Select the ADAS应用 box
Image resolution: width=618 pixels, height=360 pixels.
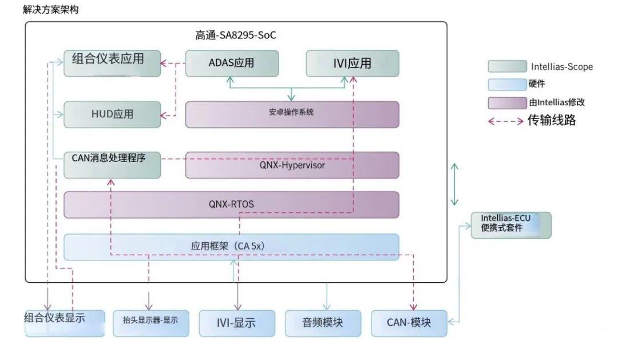pyautogui.click(x=232, y=63)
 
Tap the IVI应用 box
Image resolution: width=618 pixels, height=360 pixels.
pyautogui.click(x=352, y=63)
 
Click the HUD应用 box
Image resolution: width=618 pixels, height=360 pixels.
pyautogui.click(x=112, y=114)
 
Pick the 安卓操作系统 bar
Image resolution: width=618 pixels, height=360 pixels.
pyautogui.click(x=292, y=114)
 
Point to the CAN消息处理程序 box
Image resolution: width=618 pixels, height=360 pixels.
pyautogui.click(x=112, y=164)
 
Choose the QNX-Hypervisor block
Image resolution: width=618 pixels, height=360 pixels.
pyautogui.click(x=292, y=165)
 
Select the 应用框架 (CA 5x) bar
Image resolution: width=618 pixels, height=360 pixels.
pyautogui.click(x=231, y=247)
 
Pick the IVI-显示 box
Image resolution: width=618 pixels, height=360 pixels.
pyautogui.click(x=236, y=323)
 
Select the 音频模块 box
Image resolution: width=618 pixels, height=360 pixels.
pyautogui.click(x=323, y=323)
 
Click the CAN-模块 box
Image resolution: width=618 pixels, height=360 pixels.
pyautogui.click(x=409, y=323)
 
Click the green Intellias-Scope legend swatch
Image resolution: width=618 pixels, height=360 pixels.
pyautogui.click(x=507, y=66)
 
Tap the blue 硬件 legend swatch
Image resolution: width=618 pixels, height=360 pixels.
pyautogui.click(x=507, y=85)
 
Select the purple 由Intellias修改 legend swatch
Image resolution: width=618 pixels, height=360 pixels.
pyautogui.click(x=507, y=103)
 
